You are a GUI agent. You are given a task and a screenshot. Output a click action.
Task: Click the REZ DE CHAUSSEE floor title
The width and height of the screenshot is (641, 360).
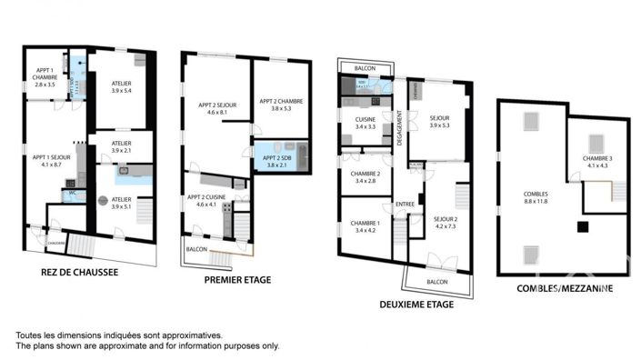[79, 271]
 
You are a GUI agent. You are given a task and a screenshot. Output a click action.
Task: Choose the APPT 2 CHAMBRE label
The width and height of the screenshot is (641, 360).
[280, 105]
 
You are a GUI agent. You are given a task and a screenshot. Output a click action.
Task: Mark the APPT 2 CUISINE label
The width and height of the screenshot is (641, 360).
[206, 200]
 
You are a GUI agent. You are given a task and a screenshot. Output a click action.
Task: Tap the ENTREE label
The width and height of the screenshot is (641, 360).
[405, 204]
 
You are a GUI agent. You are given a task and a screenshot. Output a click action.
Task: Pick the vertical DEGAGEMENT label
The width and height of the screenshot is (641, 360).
[399, 126]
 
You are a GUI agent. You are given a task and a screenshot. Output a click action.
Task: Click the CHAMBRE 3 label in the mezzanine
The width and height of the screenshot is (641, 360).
[597, 162]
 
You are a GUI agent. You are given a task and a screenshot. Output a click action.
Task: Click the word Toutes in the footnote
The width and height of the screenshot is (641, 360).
[31, 335]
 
